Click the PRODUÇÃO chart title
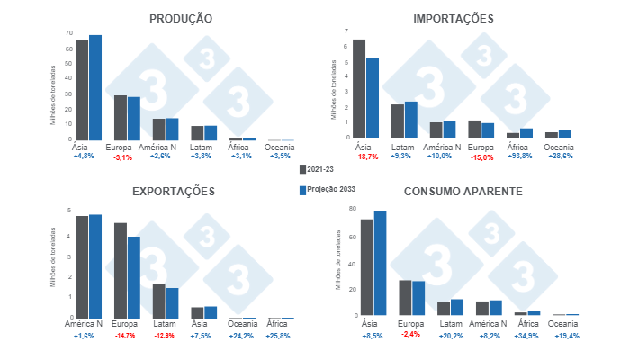pos(181,18)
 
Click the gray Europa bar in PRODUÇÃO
pos(121,118)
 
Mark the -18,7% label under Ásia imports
pos(366,157)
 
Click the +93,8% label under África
pos(519,157)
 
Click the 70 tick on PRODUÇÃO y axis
pos(68,33)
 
